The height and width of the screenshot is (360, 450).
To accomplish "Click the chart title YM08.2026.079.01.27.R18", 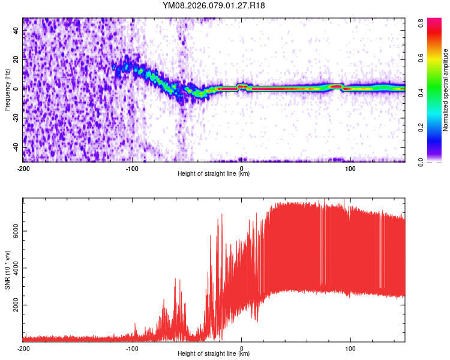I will (x=214, y=6).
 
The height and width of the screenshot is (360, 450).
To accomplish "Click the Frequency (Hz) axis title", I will (x=7, y=90).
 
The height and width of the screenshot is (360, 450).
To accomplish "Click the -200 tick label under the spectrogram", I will (x=23, y=167).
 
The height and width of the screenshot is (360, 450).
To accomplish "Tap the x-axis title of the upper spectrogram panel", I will (x=214, y=173).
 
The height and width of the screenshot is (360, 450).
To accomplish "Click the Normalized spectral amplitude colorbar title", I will (x=446, y=90).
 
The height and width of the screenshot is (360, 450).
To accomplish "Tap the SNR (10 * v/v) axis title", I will (x=7, y=270).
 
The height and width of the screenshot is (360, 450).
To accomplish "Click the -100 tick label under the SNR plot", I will (x=132, y=348).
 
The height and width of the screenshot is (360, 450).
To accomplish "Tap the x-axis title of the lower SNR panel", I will (x=214, y=354).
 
